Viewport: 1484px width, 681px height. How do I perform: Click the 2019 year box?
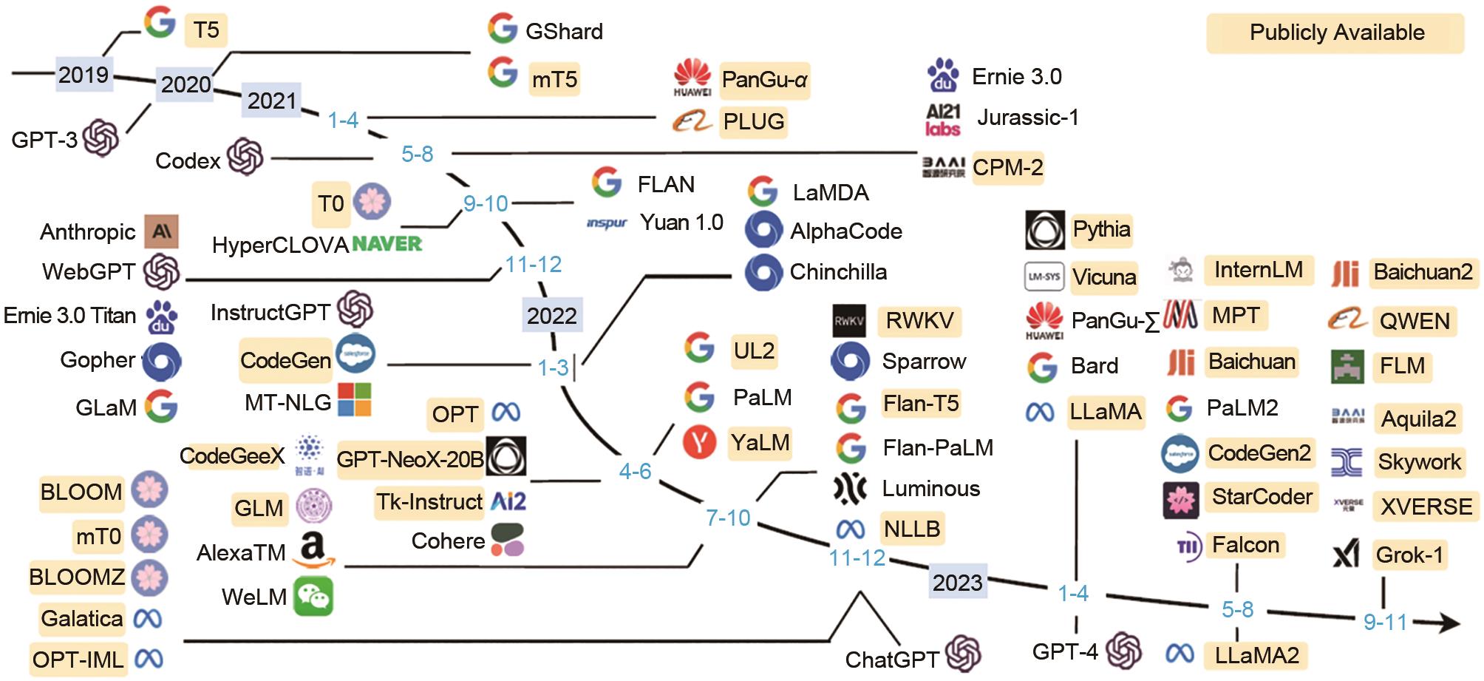[84, 75]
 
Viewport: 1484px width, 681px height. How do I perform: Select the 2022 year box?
[552, 316]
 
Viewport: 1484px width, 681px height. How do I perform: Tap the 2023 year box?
[957, 583]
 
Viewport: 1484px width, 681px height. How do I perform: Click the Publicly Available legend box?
[1336, 33]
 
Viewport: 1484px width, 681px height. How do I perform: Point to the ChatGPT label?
[891, 659]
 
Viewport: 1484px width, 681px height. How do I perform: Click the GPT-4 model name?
[1065, 651]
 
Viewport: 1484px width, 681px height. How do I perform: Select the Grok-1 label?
[1409, 555]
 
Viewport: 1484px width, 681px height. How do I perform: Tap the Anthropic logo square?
[161, 231]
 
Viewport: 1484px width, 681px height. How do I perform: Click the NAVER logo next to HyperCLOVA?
[387, 244]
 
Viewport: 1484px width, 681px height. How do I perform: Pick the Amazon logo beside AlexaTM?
[314, 551]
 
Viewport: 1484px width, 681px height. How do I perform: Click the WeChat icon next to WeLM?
[313, 597]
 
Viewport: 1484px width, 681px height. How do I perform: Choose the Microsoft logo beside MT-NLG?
[354, 400]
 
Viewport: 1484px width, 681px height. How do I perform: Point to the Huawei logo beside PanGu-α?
[692, 78]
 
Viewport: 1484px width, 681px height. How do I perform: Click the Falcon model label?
[1245, 545]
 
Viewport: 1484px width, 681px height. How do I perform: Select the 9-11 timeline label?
[1385, 622]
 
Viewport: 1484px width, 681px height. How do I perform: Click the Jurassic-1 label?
[1027, 118]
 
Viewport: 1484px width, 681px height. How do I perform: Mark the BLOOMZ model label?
[77, 577]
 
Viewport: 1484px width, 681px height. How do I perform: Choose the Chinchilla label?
[838, 272]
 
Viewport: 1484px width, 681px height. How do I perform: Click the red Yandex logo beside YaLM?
[699, 442]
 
